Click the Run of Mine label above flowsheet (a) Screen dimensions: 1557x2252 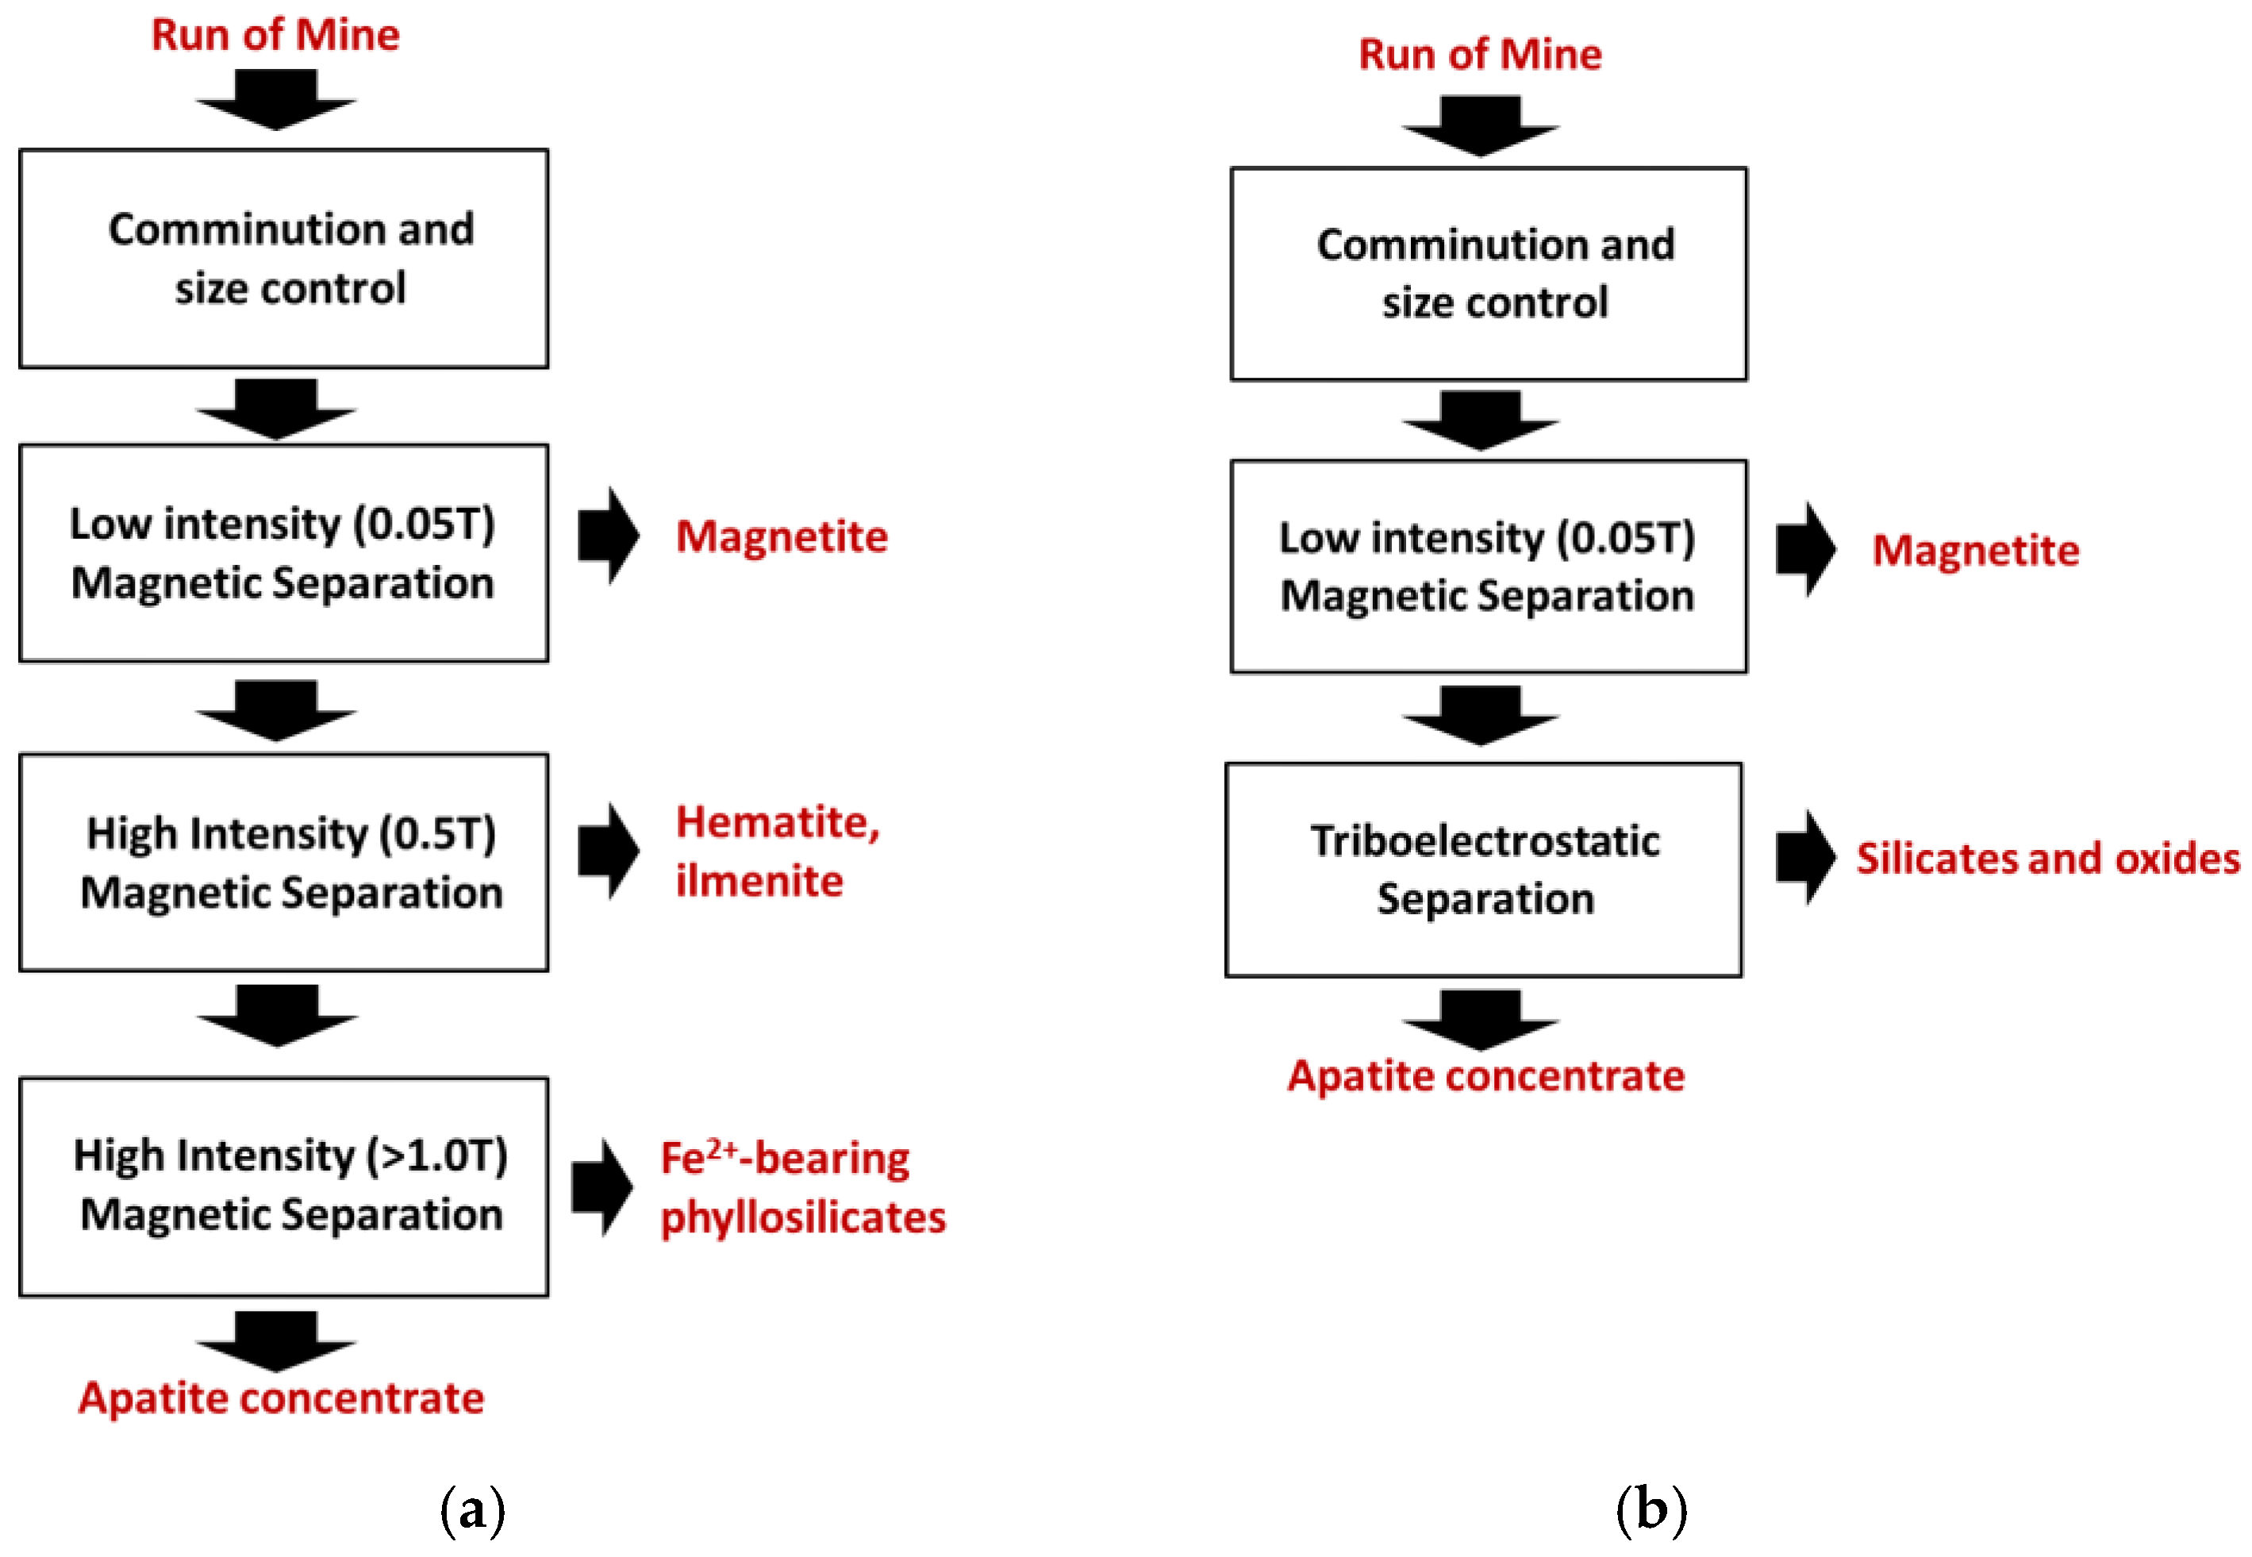[275, 35]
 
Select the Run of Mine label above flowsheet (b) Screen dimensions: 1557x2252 [1480, 55]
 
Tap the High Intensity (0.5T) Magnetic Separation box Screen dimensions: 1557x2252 [284, 863]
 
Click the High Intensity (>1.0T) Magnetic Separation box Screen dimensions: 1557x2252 [284, 1186]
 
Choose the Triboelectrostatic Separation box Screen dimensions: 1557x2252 [1483, 869]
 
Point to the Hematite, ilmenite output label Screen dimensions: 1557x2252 [778, 851]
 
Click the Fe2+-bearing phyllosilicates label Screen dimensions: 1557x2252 [801, 1187]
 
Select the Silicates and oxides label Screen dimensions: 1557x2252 [2047, 859]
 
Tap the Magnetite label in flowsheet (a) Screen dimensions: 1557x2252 [782, 536]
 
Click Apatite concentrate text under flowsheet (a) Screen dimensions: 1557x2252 [281, 1398]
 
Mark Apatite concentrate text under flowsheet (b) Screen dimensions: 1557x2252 [1485, 1076]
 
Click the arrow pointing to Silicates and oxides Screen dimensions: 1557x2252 [1804, 858]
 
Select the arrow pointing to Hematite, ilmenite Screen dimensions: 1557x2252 [608, 851]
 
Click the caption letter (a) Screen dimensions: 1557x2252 [472, 1510]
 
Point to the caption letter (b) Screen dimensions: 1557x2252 [1651, 1510]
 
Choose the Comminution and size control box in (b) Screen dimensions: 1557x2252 [1489, 274]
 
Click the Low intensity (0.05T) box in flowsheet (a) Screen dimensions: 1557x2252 [284, 553]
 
